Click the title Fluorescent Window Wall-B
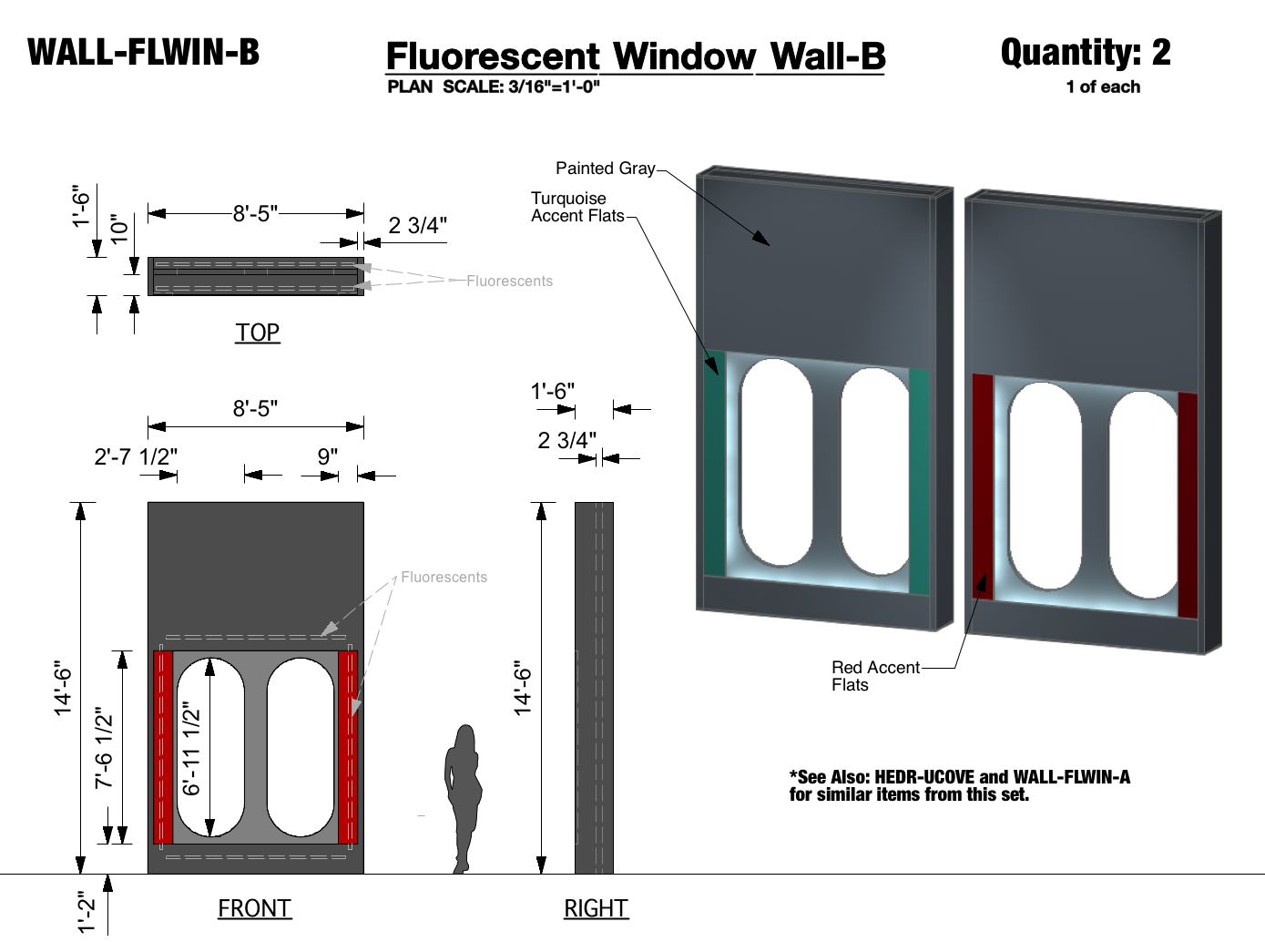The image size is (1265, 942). pos(635,56)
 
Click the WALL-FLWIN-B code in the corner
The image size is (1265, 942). pos(143,52)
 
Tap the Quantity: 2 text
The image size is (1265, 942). pos(1085,53)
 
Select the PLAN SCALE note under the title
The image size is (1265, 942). pos(493,87)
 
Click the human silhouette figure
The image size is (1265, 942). pos(464,798)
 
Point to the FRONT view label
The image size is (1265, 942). pos(254,908)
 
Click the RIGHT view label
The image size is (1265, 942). pos(596,908)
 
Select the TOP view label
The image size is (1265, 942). pos(258,333)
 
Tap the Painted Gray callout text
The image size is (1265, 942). pos(605,169)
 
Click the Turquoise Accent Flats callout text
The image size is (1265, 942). pos(577,207)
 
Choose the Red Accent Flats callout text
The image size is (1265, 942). pos(874,676)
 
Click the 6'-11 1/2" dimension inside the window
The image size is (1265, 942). pos(191,749)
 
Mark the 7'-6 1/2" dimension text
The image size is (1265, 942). pos(105,747)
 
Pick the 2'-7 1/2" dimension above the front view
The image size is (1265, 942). pos(136,456)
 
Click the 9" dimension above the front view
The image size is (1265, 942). pos(328,456)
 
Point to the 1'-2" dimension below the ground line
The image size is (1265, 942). pos(86,911)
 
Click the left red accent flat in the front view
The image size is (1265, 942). pos(163,747)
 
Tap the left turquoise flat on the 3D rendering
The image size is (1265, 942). pos(714,465)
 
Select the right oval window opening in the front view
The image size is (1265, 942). pos(301,747)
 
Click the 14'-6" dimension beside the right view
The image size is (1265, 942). pos(523,688)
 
